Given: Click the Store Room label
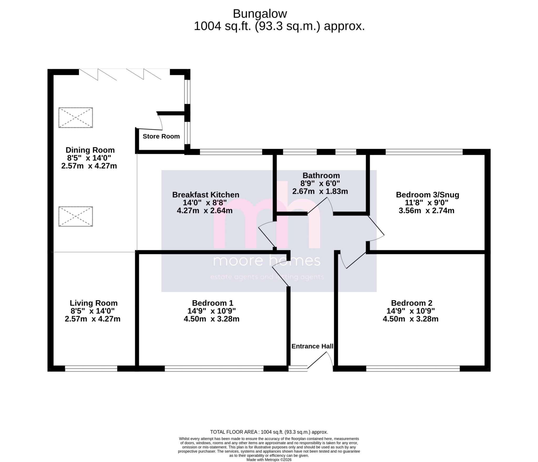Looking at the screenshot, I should click(x=161, y=136).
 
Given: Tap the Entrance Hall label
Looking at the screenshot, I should click(x=312, y=346).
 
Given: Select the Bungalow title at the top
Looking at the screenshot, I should click(x=260, y=14).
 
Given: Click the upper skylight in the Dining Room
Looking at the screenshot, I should click(x=75, y=118).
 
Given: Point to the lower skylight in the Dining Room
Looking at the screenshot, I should click(x=75, y=216).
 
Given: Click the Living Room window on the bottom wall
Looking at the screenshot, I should click(x=91, y=369).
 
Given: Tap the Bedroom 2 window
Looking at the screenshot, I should click(x=413, y=369).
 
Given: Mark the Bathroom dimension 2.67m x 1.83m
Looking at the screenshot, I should click(x=320, y=191).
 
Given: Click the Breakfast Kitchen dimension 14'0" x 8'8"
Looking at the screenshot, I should click(x=205, y=203).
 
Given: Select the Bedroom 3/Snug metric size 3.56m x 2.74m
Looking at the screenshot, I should click(x=426, y=211).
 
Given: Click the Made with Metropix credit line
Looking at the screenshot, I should click(x=269, y=460).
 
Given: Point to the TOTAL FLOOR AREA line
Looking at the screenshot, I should click(x=269, y=432).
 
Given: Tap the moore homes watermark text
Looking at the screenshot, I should click(x=266, y=261).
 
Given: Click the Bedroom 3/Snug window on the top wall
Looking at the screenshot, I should click(x=424, y=152).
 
